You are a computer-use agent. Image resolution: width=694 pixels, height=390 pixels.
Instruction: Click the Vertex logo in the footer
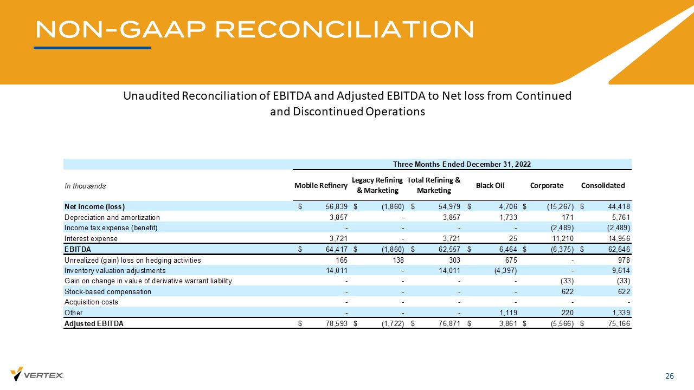click(37, 374)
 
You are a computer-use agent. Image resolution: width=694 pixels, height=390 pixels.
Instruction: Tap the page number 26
click(670, 376)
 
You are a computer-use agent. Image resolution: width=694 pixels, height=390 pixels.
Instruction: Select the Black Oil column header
click(490, 185)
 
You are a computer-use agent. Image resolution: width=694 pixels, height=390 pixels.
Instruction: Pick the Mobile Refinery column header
click(320, 185)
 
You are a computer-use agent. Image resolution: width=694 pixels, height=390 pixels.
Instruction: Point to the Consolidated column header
click(603, 185)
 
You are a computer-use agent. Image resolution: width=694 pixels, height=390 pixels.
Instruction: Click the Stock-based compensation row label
click(108, 291)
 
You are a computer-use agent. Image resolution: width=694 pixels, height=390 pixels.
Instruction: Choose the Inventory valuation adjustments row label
click(115, 270)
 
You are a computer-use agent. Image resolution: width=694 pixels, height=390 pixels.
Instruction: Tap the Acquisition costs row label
click(91, 302)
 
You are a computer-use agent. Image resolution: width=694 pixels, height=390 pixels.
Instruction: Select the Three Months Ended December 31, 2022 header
click(461, 164)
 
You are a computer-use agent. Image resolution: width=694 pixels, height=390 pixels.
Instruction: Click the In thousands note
click(85, 186)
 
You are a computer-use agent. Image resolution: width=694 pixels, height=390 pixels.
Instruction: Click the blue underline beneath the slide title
click(92, 48)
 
